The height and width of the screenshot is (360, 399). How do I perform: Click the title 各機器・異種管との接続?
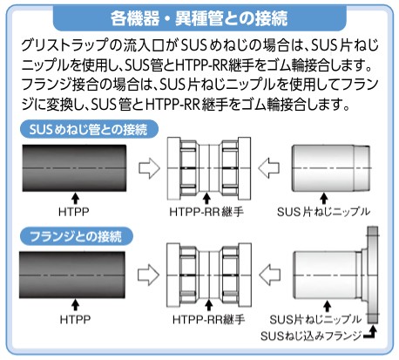tap(199, 18)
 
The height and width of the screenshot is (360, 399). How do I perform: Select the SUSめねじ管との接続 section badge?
tap(89, 129)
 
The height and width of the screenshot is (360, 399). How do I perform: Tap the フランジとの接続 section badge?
tap(77, 236)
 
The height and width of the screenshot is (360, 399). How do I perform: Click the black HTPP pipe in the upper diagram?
tap(74, 168)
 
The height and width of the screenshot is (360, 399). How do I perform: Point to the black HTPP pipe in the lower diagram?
tap(72, 275)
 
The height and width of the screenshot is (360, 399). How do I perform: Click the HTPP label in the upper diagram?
tap(74, 212)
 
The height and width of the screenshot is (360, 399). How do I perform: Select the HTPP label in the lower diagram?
tap(75, 319)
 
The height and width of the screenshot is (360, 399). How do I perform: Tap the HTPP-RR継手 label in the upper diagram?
tap(206, 212)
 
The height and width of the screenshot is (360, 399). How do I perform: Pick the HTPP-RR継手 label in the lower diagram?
tap(209, 320)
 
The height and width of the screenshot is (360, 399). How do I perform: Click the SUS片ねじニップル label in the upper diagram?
tap(323, 212)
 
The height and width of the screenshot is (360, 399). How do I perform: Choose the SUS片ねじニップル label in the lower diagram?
tap(315, 320)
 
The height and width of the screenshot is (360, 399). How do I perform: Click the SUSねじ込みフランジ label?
tap(311, 336)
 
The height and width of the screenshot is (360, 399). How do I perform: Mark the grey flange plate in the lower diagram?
tap(373, 275)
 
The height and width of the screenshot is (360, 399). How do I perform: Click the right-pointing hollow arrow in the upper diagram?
tap(149, 168)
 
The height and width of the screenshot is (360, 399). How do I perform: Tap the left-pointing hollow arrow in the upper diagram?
tap(268, 168)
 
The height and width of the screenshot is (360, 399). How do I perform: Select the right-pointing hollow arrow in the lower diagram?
tap(148, 275)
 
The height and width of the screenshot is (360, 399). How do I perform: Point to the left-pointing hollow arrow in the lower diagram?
tap(270, 275)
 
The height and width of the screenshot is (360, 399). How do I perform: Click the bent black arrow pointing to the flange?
tap(371, 334)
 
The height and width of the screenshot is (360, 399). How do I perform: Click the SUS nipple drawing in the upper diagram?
tap(331, 168)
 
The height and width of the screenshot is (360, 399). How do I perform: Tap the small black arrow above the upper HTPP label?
tap(75, 199)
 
